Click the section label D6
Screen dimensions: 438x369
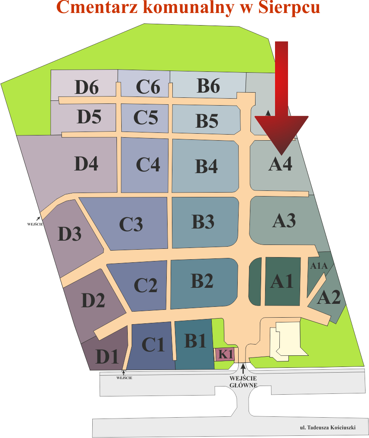[x=87, y=88]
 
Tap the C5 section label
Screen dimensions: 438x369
[x=146, y=117]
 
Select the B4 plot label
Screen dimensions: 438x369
[x=206, y=167]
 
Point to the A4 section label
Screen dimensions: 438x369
[x=280, y=164]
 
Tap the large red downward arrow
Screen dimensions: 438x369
[x=282, y=100]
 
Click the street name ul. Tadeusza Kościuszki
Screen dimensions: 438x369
[x=327, y=428]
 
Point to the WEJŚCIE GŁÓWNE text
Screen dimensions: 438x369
[x=243, y=381]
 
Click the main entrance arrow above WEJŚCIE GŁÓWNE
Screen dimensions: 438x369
[x=243, y=368]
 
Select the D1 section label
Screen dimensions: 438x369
[x=107, y=357]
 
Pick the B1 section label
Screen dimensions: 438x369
[x=195, y=341]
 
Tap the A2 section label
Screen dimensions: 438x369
[x=329, y=298]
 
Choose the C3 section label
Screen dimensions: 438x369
[x=131, y=224]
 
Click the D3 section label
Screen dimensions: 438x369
[x=70, y=234]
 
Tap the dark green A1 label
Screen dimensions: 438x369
[x=282, y=282]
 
